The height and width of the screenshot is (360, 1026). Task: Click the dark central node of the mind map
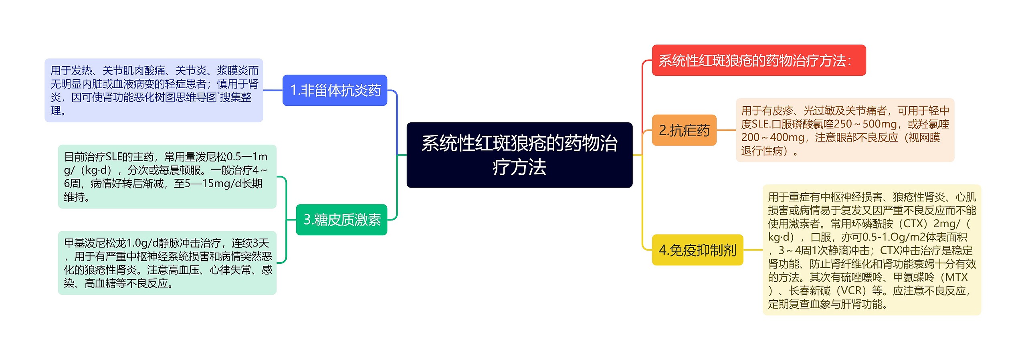click(x=519, y=155)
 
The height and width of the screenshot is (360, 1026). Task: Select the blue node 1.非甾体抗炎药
click(x=335, y=90)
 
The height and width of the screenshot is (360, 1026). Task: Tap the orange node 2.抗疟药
click(x=684, y=130)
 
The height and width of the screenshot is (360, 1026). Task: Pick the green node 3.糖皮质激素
click(x=341, y=220)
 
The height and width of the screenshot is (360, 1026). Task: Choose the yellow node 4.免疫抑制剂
click(x=697, y=250)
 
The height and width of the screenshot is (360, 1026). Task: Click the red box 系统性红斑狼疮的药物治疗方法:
click(x=758, y=61)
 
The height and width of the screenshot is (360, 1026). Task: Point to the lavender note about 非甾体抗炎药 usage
click(x=154, y=90)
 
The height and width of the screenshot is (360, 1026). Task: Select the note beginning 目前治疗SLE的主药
click(x=167, y=176)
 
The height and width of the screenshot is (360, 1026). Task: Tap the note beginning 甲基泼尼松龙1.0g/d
click(x=167, y=263)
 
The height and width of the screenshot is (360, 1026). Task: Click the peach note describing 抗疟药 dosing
click(x=845, y=130)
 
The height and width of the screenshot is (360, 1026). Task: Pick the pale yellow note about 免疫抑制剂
click(x=872, y=250)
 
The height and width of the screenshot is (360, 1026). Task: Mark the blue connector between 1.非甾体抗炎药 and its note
click(x=273, y=90)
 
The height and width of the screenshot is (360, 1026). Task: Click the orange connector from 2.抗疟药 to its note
click(x=726, y=130)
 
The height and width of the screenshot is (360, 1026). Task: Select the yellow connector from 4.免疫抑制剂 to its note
click(x=753, y=250)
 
